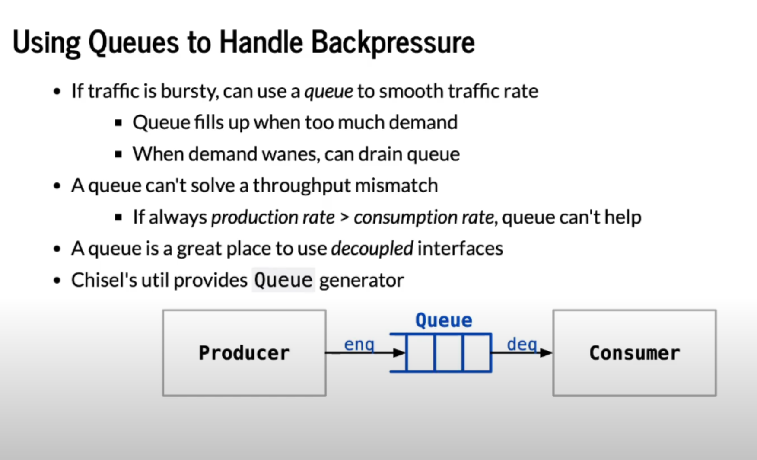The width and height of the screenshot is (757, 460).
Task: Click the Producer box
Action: (x=245, y=353)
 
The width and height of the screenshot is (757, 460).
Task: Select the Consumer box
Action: (x=634, y=353)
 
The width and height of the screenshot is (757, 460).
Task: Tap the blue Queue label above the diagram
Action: (x=444, y=320)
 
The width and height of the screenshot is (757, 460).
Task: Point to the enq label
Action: (x=359, y=345)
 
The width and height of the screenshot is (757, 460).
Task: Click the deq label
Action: (x=522, y=345)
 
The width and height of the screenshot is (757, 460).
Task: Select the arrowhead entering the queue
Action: (x=400, y=353)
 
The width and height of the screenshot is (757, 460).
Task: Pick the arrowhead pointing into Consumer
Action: (x=546, y=353)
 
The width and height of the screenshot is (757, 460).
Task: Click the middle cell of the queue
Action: (x=448, y=352)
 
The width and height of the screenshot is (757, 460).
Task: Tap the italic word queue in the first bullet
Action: (x=329, y=92)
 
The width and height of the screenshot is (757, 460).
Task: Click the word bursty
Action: (x=190, y=91)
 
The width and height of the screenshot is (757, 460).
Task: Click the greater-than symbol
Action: (x=344, y=217)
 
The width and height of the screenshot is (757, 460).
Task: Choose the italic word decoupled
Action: (x=372, y=249)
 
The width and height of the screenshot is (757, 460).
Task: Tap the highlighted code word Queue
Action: (x=283, y=280)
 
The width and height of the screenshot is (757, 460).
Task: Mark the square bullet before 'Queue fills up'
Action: (x=118, y=123)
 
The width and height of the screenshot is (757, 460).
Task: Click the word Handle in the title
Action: (x=261, y=42)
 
